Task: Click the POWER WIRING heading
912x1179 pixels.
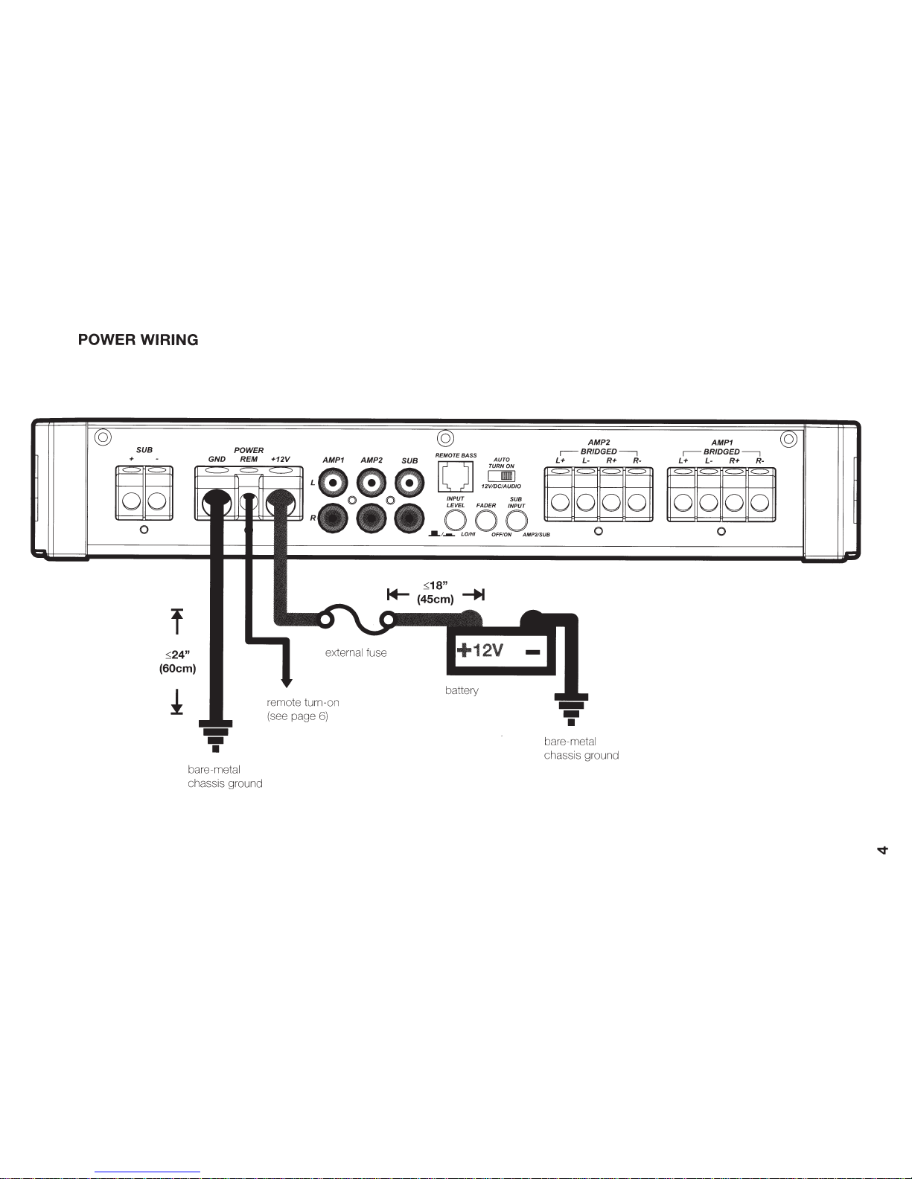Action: point(138,340)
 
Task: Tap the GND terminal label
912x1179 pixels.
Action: point(217,460)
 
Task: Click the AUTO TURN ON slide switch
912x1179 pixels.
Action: point(507,475)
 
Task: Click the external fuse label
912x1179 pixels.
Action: point(356,652)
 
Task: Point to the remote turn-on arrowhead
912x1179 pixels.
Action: point(285,682)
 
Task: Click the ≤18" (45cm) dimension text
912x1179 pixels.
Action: point(436,592)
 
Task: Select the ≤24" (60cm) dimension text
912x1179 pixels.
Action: point(177,661)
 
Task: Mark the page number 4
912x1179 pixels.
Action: point(883,849)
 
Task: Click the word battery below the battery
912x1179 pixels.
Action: point(462,690)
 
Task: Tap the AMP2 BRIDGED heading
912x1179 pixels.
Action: point(599,446)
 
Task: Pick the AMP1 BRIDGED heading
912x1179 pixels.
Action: point(721,446)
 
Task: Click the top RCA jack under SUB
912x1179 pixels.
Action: point(409,484)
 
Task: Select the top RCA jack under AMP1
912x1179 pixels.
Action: point(333,484)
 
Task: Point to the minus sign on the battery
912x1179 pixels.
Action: point(532,652)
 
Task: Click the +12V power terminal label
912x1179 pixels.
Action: point(280,460)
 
